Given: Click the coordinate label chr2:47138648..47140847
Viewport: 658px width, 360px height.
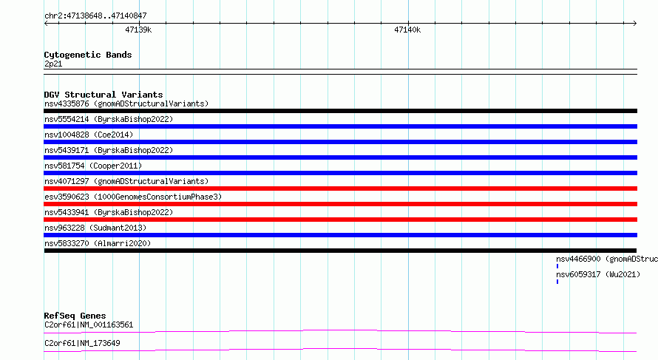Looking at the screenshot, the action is point(95,16).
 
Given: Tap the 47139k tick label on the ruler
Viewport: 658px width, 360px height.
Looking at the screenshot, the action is point(138,30).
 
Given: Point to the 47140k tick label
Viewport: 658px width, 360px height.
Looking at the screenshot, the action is point(407,30).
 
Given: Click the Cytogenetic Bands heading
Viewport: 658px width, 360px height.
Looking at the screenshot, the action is point(88,55).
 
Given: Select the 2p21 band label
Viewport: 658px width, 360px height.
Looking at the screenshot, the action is point(53,64).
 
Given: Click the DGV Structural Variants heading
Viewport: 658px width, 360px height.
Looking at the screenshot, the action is point(104,95).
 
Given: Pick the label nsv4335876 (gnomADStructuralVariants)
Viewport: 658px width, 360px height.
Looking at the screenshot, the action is point(126,103).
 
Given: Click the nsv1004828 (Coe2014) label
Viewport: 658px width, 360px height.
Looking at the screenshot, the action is point(89,135).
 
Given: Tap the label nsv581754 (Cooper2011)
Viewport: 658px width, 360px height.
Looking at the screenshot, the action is point(93,166).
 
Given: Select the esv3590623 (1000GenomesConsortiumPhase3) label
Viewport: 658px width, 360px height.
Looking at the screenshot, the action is point(133,197).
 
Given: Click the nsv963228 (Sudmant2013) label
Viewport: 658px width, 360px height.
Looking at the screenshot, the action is point(95,228).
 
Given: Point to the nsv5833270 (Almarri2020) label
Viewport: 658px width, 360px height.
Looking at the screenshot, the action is point(98,243).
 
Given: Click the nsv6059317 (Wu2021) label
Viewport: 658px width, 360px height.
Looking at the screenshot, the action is point(598,274).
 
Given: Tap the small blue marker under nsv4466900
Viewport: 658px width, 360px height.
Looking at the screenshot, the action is point(557,266).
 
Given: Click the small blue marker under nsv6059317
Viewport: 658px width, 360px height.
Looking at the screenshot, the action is point(557,282).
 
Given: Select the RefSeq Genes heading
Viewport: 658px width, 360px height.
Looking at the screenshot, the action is point(75,316).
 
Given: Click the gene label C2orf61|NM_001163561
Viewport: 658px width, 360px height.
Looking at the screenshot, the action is point(89,325).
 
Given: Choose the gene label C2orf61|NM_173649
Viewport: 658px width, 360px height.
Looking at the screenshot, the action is point(82,343).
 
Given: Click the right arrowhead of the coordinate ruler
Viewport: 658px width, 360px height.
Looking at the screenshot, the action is point(636,23).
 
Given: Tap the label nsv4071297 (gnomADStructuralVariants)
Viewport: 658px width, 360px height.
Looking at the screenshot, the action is point(126,181).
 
